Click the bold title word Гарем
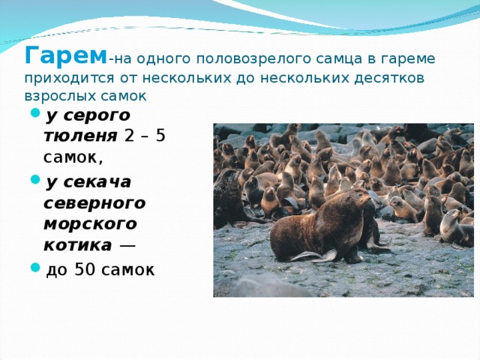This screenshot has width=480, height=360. [66, 55]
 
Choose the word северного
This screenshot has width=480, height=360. [94, 202]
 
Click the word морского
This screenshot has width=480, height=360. [92, 223]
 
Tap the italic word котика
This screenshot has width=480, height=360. [79, 245]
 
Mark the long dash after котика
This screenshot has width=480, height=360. [127, 246]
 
